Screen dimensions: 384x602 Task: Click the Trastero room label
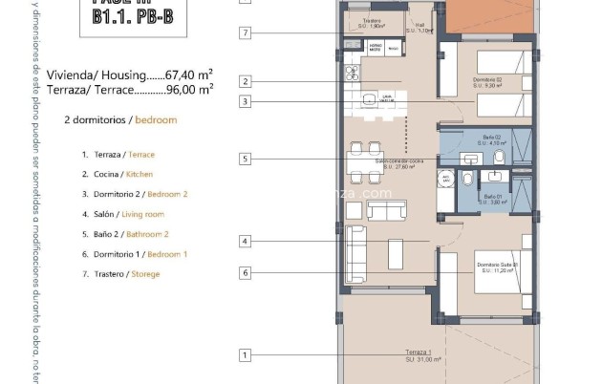(373, 22)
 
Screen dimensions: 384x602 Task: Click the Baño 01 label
(492, 199)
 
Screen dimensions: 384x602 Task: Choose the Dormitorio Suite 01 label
(497, 267)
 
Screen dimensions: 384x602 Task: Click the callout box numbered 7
(246, 33)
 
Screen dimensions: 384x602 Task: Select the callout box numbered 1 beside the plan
(246, 355)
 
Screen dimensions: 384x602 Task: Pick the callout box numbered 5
(246, 159)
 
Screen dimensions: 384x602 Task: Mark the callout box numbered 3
(246, 101)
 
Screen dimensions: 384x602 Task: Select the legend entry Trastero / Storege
(121, 274)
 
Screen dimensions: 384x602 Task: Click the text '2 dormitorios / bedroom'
(120, 120)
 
